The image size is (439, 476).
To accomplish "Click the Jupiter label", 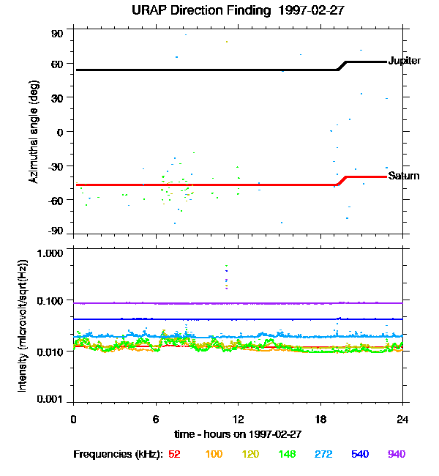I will [405, 61].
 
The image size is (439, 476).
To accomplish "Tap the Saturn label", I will [404, 176].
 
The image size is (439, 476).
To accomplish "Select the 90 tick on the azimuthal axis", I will [58, 34].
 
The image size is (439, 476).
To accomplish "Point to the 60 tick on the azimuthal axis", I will [58, 64].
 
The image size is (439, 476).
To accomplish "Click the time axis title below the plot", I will [238, 434].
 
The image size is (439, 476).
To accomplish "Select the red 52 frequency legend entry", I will [175, 455].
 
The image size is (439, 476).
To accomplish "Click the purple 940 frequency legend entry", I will [396, 455].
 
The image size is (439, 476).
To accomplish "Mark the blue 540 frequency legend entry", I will [359, 455].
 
